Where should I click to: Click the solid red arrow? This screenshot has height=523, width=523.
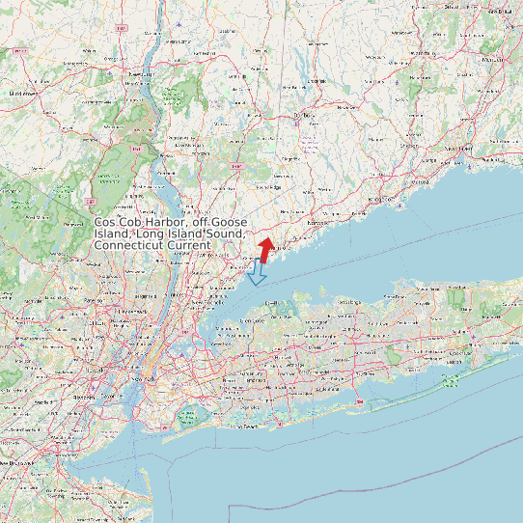(x=265, y=248)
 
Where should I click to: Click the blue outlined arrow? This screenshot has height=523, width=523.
(x=257, y=275)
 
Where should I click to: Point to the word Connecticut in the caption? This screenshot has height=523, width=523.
(x=129, y=246)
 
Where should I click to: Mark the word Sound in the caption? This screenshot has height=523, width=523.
(x=227, y=234)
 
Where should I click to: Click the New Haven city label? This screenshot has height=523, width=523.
(x=459, y=150)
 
